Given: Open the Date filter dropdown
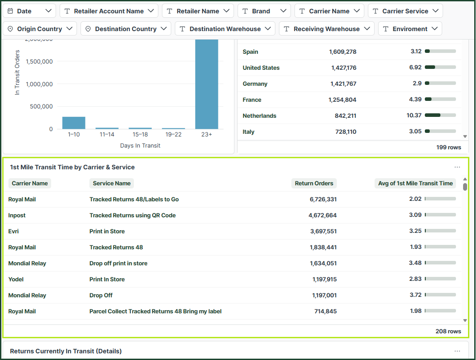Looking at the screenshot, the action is pyautogui.click(x=29, y=11).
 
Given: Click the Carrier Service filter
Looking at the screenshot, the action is pyautogui.click(x=405, y=11).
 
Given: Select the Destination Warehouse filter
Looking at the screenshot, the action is pyautogui.click(x=225, y=29).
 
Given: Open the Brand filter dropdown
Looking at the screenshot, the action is pyautogui.click(x=264, y=11).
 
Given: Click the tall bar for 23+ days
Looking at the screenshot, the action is pyautogui.click(x=206, y=84).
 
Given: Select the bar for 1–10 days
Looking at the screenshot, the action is pyautogui.click(x=74, y=123).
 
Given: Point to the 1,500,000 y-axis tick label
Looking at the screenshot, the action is pyautogui.click(x=39, y=62).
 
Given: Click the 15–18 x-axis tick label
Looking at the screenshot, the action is pyautogui.click(x=140, y=134).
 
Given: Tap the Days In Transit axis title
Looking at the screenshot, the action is pyautogui.click(x=140, y=146).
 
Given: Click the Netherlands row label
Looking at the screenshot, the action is pyautogui.click(x=259, y=116).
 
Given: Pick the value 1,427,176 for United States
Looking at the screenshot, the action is pyautogui.click(x=343, y=68).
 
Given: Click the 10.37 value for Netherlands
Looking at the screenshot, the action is pyautogui.click(x=414, y=115).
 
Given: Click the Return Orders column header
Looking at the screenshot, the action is pyautogui.click(x=314, y=183).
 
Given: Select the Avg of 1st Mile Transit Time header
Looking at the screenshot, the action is pyautogui.click(x=415, y=183).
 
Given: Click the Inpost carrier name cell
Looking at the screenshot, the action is pyautogui.click(x=17, y=215).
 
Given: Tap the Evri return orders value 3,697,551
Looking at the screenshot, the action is pyautogui.click(x=323, y=232).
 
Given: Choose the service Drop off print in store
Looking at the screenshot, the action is pyautogui.click(x=118, y=263).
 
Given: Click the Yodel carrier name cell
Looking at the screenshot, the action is pyautogui.click(x=16, y=279).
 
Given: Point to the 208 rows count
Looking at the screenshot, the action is pyautogui.click(x=448, y=331).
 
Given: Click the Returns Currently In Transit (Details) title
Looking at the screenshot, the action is pyautogui.click(x=66, y=351).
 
